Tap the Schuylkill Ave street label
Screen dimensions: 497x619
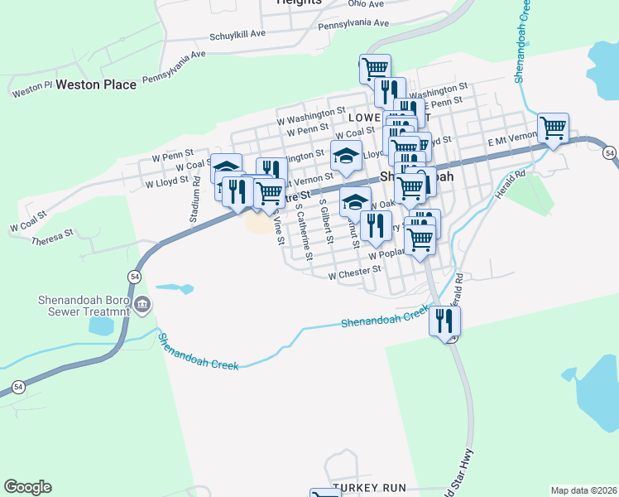tap(237, 34)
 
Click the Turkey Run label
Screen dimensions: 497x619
tap(369, 488)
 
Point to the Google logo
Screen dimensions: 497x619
tap(27, 487)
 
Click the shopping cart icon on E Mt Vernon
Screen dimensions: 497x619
tap(553, 128)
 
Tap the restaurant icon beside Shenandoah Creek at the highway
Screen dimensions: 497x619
tap(445, 321)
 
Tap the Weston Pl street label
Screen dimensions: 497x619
tap(32, 86)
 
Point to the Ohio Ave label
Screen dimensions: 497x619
tap(367, 4)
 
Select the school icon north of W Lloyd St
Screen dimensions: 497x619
tap(347, 154)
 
